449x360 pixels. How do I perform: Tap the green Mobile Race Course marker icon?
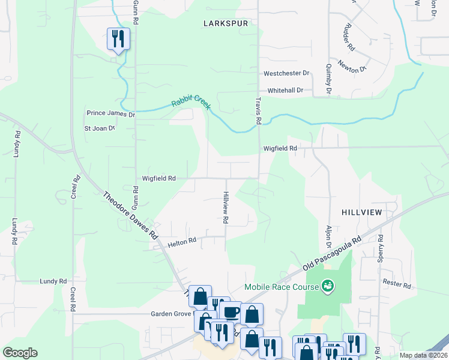pyautogui.click(x=328, y=286)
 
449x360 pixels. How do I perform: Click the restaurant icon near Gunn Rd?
pyautogui.click(x=118, y=39)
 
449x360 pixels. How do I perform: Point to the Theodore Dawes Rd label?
pyautogui.click(x=130, y=215)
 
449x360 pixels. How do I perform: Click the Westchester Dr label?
pyautogui.click(x=286, y=73)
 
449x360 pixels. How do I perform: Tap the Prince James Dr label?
pyautogui.click(x=111, y=113)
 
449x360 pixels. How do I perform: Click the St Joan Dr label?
pyautogui.click(x=99, y=128)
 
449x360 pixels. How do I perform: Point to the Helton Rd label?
pyautogui.click(x=182, y=241)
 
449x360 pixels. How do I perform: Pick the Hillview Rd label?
pyautogui.click(x=226, y=208)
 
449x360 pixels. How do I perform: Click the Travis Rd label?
pyautogui.click(x=259, y=111)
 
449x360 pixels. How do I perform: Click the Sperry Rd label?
pyautogui.click(x=380, y=248)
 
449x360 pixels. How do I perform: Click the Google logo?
pyautogui.click(x=20, y=353)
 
